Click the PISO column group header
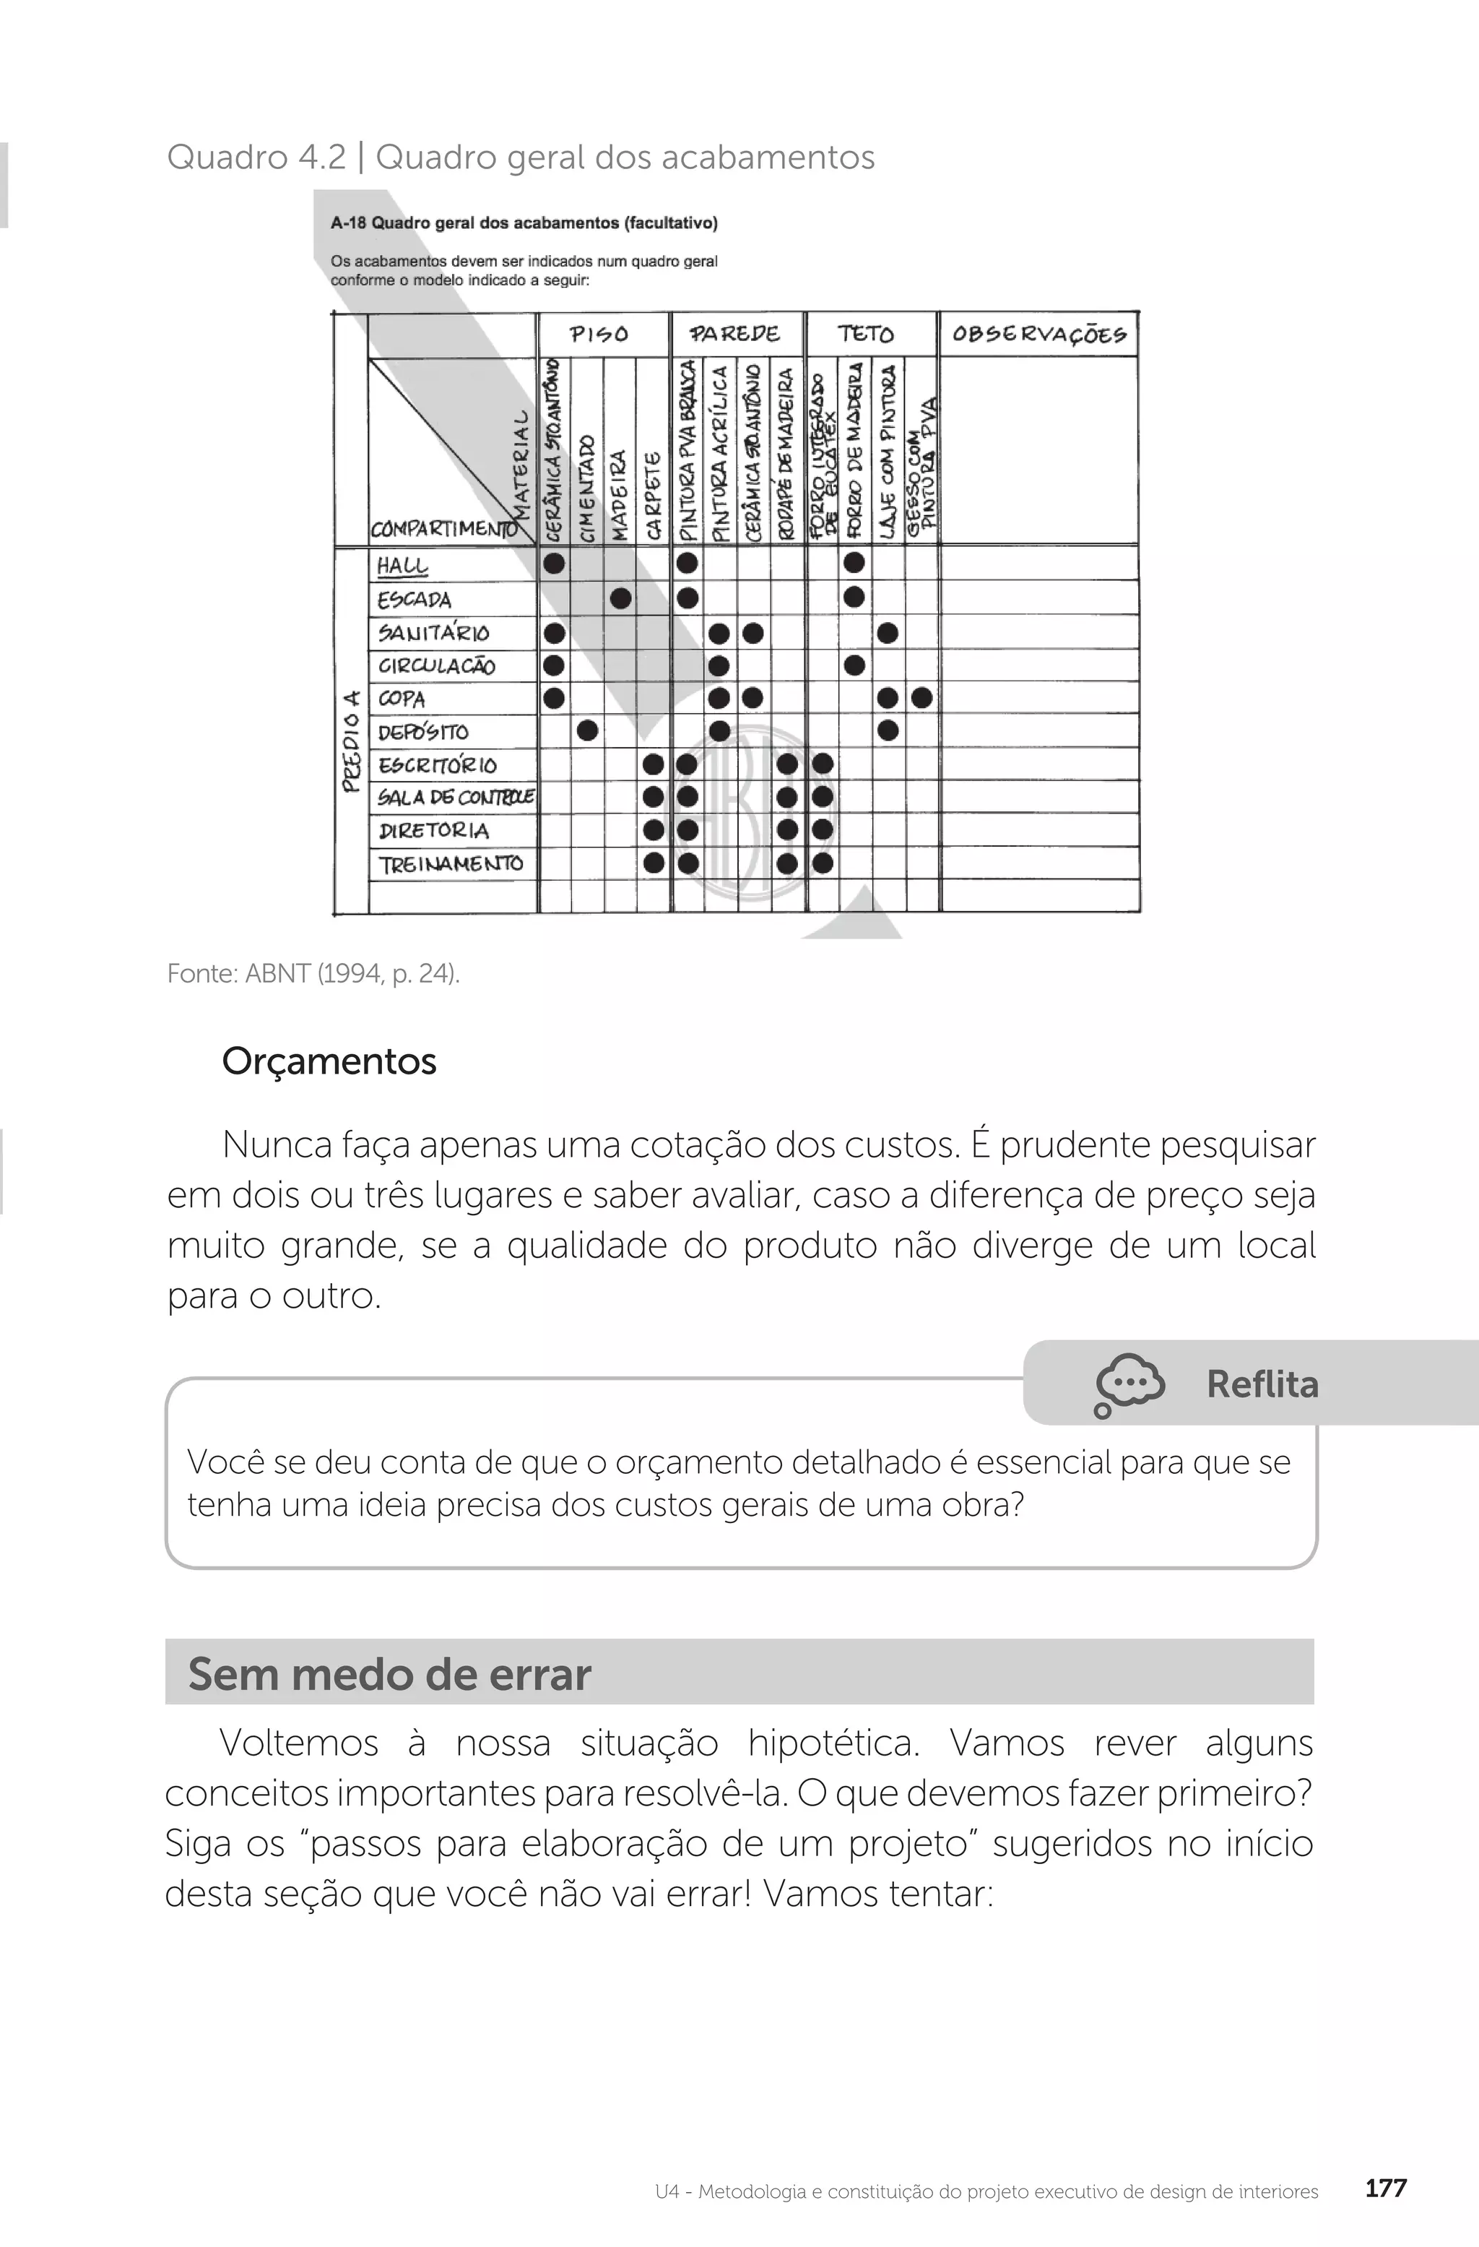599,335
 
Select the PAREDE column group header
734,335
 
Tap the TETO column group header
864,335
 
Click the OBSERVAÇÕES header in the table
1038,335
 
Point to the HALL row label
402,566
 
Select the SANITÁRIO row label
433,633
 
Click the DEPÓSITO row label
423,732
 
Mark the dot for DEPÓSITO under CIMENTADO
587,730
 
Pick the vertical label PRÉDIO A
351,741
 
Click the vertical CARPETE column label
652,496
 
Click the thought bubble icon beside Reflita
1129,1384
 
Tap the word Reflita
1262,1384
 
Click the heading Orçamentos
329,1061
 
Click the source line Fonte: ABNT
313,973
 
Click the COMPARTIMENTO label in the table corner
442,529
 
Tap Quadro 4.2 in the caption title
256,157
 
